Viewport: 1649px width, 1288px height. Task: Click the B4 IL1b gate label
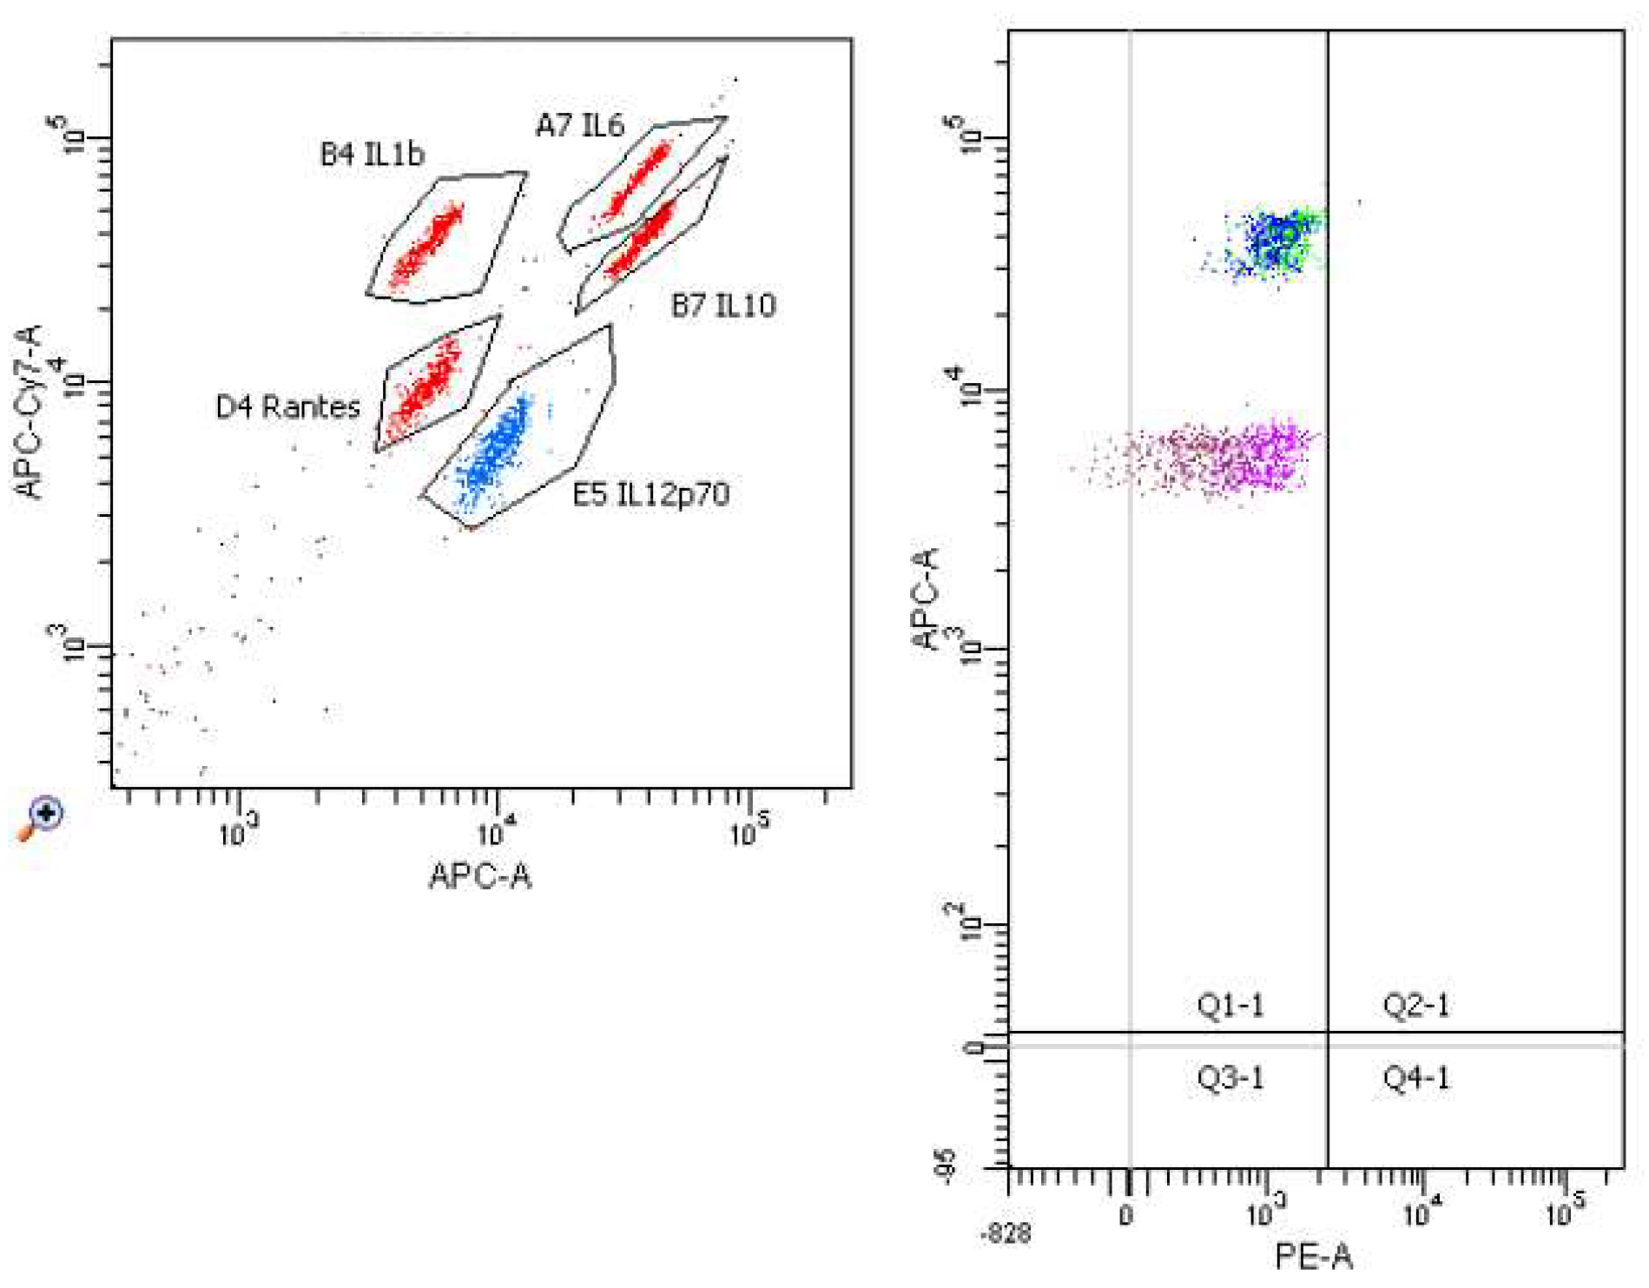click(x=372, y=155)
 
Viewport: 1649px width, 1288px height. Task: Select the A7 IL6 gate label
click(x=579, y=126)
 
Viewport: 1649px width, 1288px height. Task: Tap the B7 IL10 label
click(x=723, y=305)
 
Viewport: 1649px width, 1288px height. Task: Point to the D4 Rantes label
click(x=287, y=406)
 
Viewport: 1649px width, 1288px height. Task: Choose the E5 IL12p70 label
click(x=650, y=494)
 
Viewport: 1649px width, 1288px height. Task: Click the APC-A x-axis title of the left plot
click(x=479, y=875)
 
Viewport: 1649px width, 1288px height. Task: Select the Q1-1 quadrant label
click(x=1230, y=1006)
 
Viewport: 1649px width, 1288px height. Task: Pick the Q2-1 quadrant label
click(x=1415, y=1006)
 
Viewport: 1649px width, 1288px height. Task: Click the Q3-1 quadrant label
click(x=1230, y=1078)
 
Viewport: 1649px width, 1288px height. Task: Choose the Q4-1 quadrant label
click(x=1415, y=1078)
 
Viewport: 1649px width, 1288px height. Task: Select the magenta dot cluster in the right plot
click(x=1233, y=457)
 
